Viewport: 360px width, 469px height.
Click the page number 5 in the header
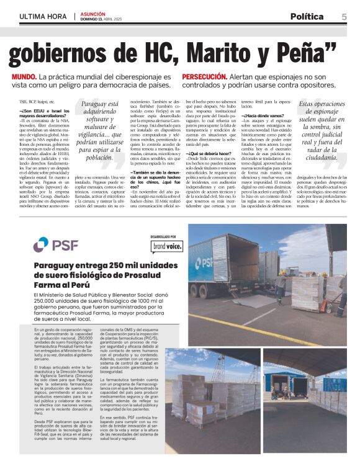point(344,17)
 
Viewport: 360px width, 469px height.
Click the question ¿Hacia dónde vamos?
point(264,116)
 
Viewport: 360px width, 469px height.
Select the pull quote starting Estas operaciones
point(322,132)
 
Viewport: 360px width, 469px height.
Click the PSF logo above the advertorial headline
point(56,244)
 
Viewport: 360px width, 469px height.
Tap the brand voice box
point(166,247)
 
